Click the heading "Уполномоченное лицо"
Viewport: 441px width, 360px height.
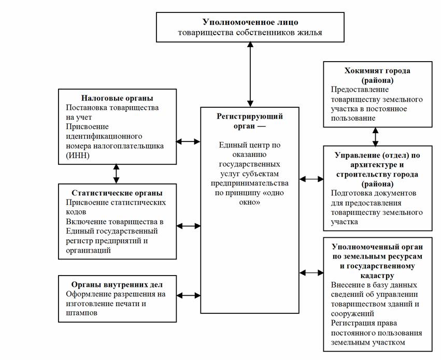coord(250,22)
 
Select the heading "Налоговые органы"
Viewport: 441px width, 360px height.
coord(117,98)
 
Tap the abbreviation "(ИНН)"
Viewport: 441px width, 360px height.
coord(78,155)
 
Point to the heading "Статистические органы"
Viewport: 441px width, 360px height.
coord(117,193)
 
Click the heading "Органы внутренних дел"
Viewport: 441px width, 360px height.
coord(117,285)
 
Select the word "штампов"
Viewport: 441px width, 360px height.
coord(81,313)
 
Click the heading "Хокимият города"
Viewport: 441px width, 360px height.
coord(377,70)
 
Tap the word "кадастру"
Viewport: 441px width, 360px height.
coord(377,276)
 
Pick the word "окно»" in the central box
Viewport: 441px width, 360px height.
coord(250,202)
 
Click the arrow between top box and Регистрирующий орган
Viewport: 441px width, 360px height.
coord(250,75)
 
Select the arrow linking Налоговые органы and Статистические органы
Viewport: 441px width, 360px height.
coord(116,174)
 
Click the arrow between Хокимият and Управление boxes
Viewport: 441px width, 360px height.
coord(376,137)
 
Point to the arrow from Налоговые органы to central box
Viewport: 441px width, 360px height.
coord(188,141)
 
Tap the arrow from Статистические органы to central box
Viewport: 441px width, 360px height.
coord(189,226)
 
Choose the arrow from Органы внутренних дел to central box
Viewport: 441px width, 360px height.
coord(189,295)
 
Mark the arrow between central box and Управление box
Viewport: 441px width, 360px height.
coord(311,179)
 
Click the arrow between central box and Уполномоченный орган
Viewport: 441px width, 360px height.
coord(311,272)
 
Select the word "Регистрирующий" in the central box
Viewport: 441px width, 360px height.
coord(250,117)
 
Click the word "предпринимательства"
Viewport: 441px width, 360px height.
coord(250,183)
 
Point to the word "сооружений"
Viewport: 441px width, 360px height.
coord(352,313)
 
